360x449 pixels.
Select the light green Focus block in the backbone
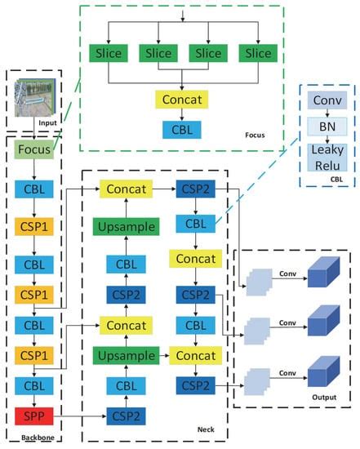tap(34, 150)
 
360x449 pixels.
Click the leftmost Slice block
tap(109, 53)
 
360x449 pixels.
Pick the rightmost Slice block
tap(257, 53)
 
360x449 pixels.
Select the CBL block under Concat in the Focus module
tap(183, 128)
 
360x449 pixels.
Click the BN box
tap(329, 127)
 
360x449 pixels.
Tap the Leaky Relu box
tap(329, 159)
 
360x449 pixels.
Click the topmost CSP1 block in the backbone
tap(34, 224)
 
